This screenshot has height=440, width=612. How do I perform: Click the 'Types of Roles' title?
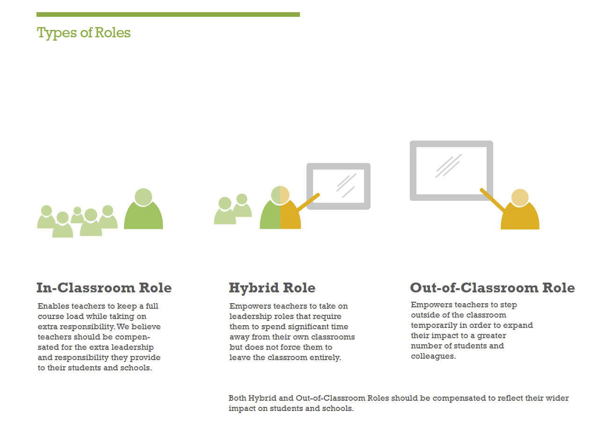click(84, 33)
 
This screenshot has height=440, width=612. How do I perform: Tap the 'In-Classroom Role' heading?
click(104, 288)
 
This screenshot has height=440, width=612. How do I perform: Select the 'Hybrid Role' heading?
click(272, 288)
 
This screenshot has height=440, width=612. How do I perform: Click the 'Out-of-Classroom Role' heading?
click(492, 288)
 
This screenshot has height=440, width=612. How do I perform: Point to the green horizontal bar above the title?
click(168, 14)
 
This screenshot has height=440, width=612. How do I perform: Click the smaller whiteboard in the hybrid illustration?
click(338, 166)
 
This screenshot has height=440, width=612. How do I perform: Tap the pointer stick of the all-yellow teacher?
click(492, 200)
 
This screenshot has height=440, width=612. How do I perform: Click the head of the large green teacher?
click(144, 197)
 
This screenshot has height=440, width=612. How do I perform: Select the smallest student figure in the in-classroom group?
click(77, 215)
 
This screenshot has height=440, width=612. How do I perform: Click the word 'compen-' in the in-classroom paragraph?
click(132, 337)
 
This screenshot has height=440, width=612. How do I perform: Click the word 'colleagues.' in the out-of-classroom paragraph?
click(433, 356)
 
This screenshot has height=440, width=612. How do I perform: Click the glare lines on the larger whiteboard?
click(448, 165)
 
